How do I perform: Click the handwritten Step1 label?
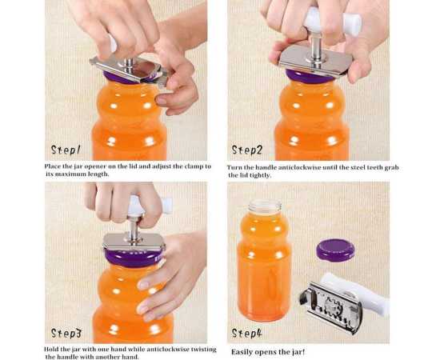pos(66,150)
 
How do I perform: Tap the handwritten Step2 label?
pos(247,150)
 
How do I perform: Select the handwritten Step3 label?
pos(66,334)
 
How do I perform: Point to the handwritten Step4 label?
pos(247,334)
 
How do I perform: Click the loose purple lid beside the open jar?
pos(335,249)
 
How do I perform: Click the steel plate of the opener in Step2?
pos(316,61)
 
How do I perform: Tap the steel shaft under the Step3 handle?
pos(134,228)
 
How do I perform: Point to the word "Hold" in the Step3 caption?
pos(51,350)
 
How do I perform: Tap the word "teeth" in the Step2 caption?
pos(374,167)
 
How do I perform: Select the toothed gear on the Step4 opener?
pos(333,306)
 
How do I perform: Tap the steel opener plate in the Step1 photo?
pos(129,70)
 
